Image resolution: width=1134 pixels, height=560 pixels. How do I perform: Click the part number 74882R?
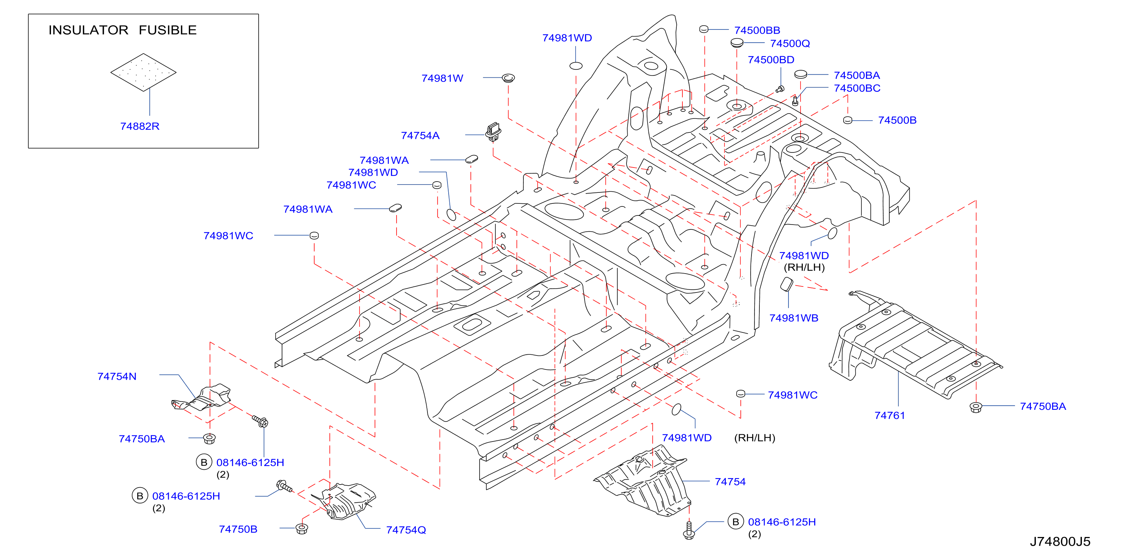point(140,126)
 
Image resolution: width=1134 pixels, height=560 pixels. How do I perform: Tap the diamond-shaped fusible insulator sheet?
point(143,72)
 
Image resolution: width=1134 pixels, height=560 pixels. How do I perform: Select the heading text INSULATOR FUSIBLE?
point(122,30)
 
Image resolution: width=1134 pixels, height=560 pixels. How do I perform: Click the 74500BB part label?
point(757,30)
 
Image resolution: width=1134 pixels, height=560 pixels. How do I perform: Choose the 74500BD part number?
point(771,60)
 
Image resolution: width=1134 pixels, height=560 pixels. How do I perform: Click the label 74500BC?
point(857,88)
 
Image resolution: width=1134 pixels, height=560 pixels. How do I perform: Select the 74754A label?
point(420,135)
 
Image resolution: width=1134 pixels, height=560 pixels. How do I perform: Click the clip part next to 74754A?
point(494,132)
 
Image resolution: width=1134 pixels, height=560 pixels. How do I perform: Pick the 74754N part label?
point(117,377)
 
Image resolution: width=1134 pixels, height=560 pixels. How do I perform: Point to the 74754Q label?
point(406,530)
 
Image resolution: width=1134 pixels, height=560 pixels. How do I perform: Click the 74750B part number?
point(238,529)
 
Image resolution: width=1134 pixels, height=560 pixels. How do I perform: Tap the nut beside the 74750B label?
point(302,528)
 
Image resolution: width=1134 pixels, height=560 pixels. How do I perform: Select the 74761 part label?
point(889,416)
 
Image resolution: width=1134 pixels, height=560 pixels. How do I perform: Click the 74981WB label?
point(793,318)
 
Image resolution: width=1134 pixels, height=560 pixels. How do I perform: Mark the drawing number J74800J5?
point(1060,542)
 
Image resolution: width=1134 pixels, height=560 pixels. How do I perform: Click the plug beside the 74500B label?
point(847,120)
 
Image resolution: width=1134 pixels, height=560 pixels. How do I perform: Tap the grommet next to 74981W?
point(508,79)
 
